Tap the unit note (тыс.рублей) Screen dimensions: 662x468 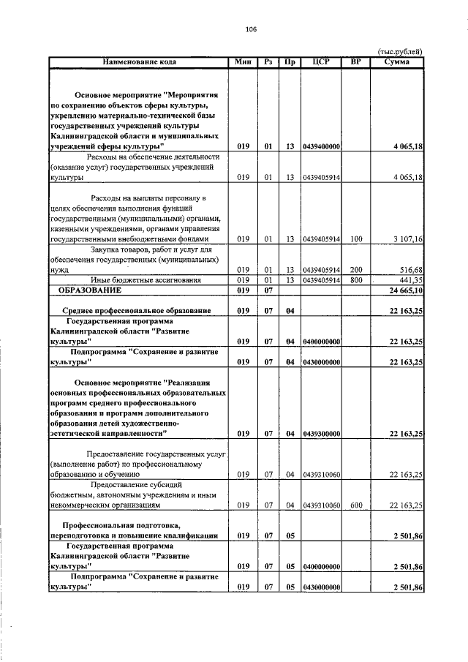click(x=400, y=52)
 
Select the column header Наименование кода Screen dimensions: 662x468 click(x=138, y=61)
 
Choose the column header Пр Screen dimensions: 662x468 click(x=290, y=61)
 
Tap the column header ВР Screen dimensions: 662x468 click(x=356, y=61)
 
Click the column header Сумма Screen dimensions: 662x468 click(x=398, y=61)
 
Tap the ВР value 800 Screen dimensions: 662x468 click(x=356, y=280)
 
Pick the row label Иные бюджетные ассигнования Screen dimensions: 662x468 click(x=138, y=280)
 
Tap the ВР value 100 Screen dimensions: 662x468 click(x=356, y=239)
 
